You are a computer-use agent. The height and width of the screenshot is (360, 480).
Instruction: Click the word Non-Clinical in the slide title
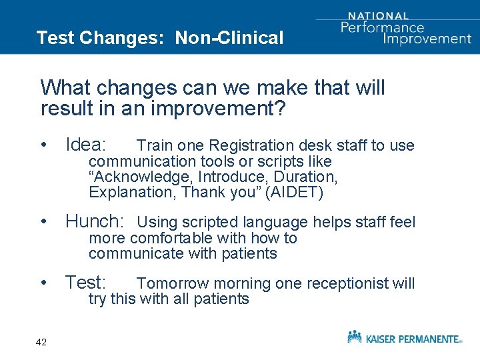229,38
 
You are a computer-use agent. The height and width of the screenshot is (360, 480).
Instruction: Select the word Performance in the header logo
382,27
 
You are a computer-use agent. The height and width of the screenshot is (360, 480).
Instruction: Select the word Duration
305,177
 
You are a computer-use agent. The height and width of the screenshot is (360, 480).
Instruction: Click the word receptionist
348,283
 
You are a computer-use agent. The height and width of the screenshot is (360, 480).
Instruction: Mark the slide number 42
41,342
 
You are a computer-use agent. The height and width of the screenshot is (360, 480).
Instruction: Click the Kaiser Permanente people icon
355,337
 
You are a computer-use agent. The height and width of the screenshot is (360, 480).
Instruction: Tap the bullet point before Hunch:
43,222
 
